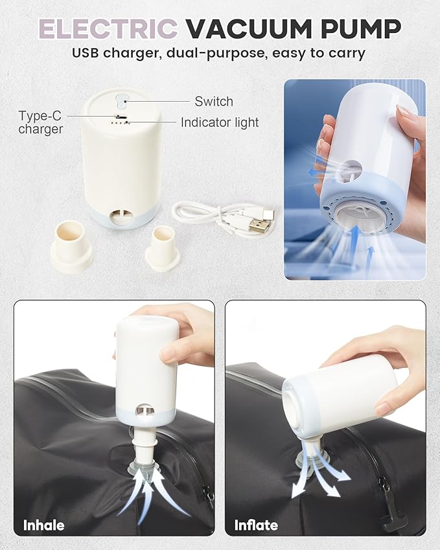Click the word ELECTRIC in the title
(x=108, y=29)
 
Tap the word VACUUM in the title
(x=248, y=29)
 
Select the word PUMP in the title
(x=361, y=29)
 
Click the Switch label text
(x=214, y=101)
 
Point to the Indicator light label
(x=220, y=122)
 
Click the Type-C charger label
(x=40, y=122)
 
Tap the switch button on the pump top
(x=121, y=101)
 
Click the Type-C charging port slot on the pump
(x=122, y=116)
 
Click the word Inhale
(x=44, y=525)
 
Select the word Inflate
(x=256, y=525)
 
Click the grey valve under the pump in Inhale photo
(x=145, y=468)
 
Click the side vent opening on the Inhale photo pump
(x=145, y=410)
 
